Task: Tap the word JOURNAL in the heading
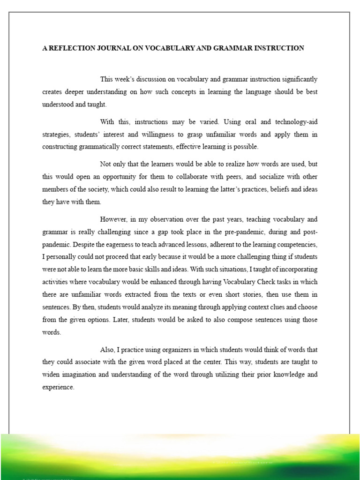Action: coord(112,48)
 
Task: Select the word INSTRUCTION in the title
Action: coord(278,48)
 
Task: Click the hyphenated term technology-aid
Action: coord(291,122)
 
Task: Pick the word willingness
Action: coord(166,135)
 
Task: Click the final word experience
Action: coord(58,387)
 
